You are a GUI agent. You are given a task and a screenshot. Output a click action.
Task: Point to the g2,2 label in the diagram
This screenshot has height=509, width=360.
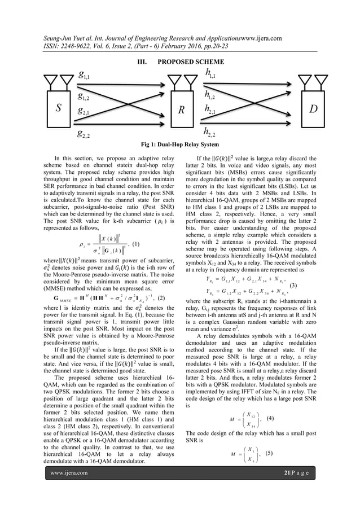pyautogui.click(x=87, y=134)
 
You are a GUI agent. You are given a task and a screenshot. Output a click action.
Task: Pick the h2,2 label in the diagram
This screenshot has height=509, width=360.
pyautogui.click(x=214, y=133)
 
